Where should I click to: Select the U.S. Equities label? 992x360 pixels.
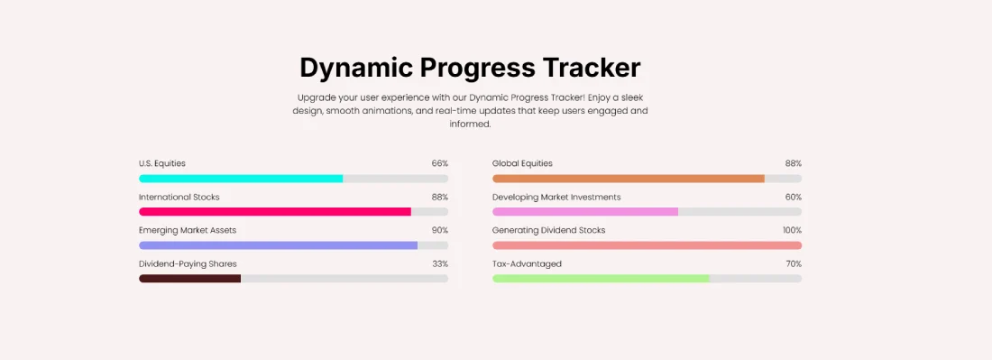[x=162, y=163]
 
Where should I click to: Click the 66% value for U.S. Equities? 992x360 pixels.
[x=439, y=163]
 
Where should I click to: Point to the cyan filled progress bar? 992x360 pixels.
[x=241, y=179]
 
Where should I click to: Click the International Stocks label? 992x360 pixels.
[x=179, y=197]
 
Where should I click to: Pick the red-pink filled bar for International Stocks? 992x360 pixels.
[x=275, y=212]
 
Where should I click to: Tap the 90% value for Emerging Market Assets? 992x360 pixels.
[x=439, y=230]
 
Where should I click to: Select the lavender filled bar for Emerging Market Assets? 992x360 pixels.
[x=278, y=245]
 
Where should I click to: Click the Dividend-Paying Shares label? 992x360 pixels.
[x=188, y=263]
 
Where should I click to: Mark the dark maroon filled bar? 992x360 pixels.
[x=189, y=279]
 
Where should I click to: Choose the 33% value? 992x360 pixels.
[x=439, y=263]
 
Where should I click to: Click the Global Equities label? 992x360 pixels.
[x=522, y=163]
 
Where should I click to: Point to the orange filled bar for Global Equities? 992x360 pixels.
[x=629, y=179]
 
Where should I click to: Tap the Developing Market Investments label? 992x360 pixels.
[x=556, y=197]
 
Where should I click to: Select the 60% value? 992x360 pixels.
[x=793, y=197]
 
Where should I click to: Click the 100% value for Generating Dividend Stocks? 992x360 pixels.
[x=791, y=230]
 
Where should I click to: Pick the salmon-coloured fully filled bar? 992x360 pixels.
[x=647, y=245]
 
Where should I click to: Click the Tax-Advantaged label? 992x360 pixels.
[x=527, y=263]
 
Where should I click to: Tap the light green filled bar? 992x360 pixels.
[x=601, y=279]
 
